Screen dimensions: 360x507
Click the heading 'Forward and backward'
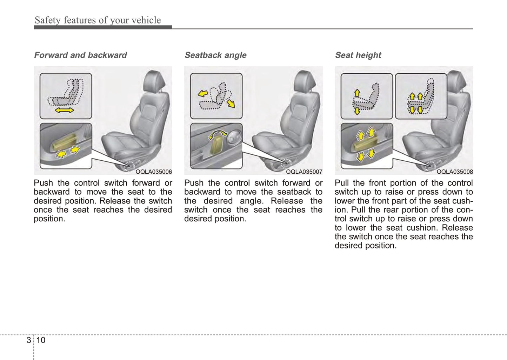point(80,55)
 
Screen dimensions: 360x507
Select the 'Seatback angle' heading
point(215,55)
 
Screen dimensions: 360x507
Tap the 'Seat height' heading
point(358,55)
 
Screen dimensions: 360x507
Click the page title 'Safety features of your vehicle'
point(98,20)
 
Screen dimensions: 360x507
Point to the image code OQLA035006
point(154,172)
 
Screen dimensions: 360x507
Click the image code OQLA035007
point(304,172)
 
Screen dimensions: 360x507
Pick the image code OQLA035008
point(455,172)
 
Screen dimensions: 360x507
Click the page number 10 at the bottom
point(41,340)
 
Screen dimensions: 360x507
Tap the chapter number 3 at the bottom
point(28,340)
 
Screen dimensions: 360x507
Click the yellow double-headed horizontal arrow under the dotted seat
point(65,110)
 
